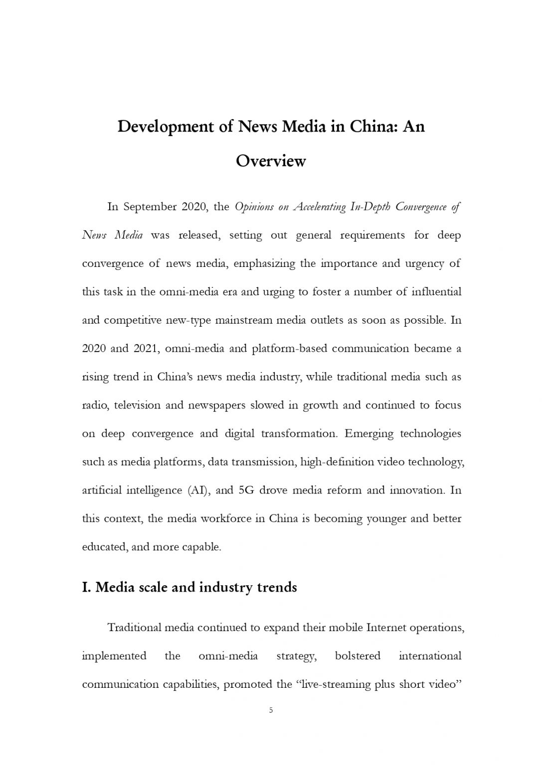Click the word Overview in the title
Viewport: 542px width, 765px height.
tap(270, 161)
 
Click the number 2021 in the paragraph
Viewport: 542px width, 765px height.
tap(146, 349)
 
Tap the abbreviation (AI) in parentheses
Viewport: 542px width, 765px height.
tap(199, 491)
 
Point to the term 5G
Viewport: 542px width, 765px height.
tap(247, 491)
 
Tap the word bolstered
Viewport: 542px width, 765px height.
tap(358, 656)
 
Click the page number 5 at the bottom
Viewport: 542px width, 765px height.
tap(271, 710)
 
